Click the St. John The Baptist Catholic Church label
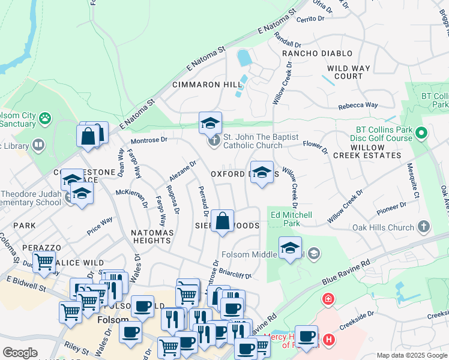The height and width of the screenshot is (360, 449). click(x=261, y=141)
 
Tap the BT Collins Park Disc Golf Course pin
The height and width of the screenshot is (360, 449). click(x=421, y=133)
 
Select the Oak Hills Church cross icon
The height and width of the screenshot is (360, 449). click(x=424, y=227)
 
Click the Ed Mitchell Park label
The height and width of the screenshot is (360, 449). click(x=292, y=219)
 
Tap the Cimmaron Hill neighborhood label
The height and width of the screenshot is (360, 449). click(x=207, y=85)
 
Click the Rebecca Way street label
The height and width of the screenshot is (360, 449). click(x=358, y=105)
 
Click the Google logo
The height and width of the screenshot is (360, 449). click(x=20, y=353)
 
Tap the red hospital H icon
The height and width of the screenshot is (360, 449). click(x=328, y=340)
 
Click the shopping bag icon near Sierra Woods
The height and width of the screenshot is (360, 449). click(x=222, y=220)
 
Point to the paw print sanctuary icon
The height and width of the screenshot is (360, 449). click(x=44, y=118)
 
